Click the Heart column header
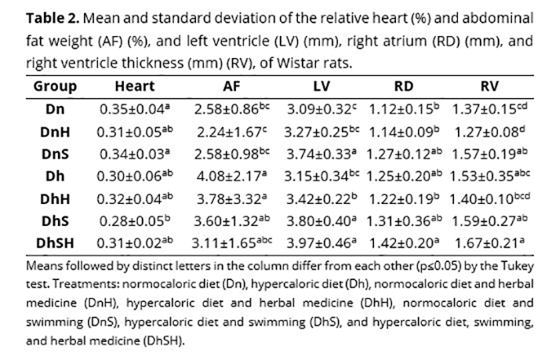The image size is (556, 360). (x=134, y=87)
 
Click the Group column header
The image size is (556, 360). (x=55, y=87)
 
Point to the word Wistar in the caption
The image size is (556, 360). (x=323, y=62)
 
